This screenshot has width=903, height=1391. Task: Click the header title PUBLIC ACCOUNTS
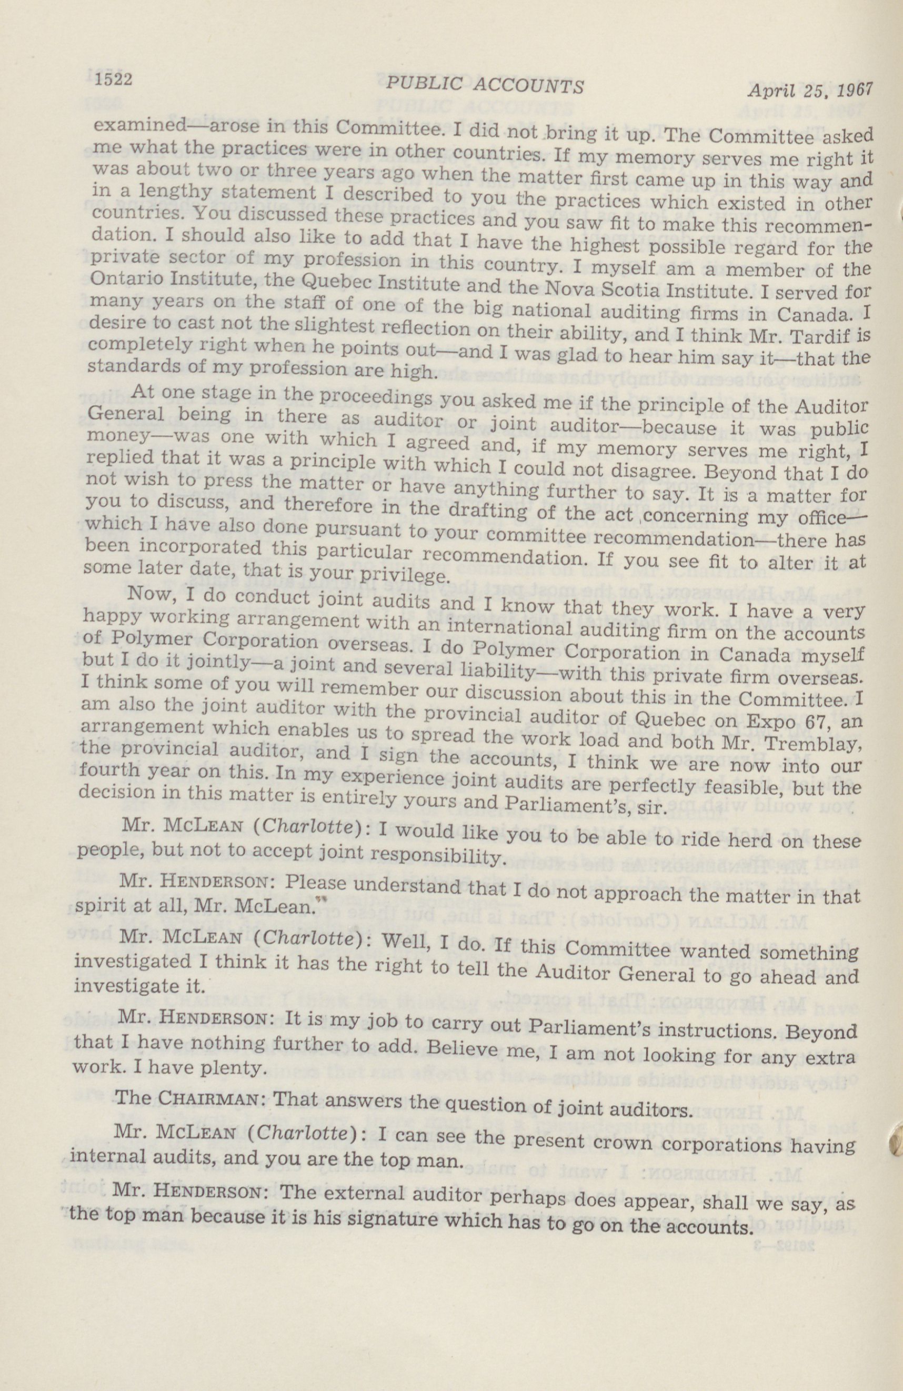click(x=485, y=86)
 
